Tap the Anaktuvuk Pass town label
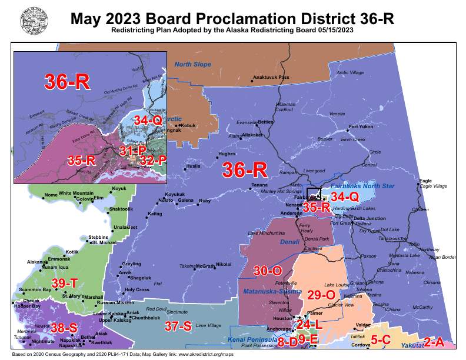point(271,77)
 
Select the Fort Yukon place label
point(361,126)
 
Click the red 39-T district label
point(65,284)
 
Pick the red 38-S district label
point(64,328)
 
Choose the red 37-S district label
point(178,326)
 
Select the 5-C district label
point(381,339)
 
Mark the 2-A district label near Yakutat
point(434,341)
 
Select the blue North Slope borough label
point(192,64)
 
